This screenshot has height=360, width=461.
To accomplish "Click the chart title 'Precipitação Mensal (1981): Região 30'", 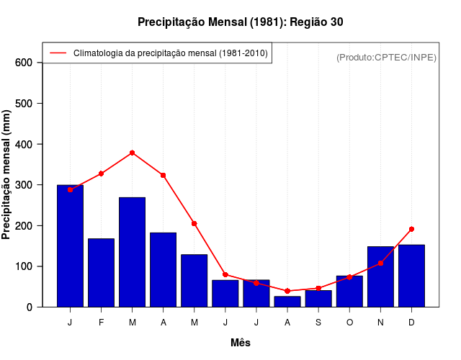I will (x=240, y=22).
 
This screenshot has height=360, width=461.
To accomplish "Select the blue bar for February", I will (x=101, y=272).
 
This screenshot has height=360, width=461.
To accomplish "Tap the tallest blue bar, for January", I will (x=70, y=246).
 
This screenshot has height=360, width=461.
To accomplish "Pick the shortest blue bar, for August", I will (x=287, y=301).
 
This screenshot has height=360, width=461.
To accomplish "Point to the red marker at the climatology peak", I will (x=132, y=153).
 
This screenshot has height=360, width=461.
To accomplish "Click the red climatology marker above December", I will (x=411, y=229).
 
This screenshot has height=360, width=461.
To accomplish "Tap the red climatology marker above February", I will (x=101, y=174).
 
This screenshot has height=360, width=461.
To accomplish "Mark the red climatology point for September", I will (x=318, y=288).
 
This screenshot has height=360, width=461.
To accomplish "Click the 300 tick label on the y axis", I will (x=24, y=185).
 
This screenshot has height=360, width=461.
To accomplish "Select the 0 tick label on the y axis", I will (x=30, y=307).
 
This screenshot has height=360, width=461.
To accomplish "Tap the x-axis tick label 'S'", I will (x=318, y=323).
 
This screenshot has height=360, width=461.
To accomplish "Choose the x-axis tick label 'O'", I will (x=349, y=323).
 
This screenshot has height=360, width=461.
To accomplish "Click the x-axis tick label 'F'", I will (x=101, y=323).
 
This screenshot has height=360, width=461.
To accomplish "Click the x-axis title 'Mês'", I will (x=240, y=343).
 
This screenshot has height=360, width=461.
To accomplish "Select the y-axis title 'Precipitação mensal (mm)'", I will (x=7, y=175).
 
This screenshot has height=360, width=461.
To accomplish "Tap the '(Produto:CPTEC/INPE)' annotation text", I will (x=386, y=57).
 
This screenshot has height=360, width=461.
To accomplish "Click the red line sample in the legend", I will (x=57, y=53).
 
